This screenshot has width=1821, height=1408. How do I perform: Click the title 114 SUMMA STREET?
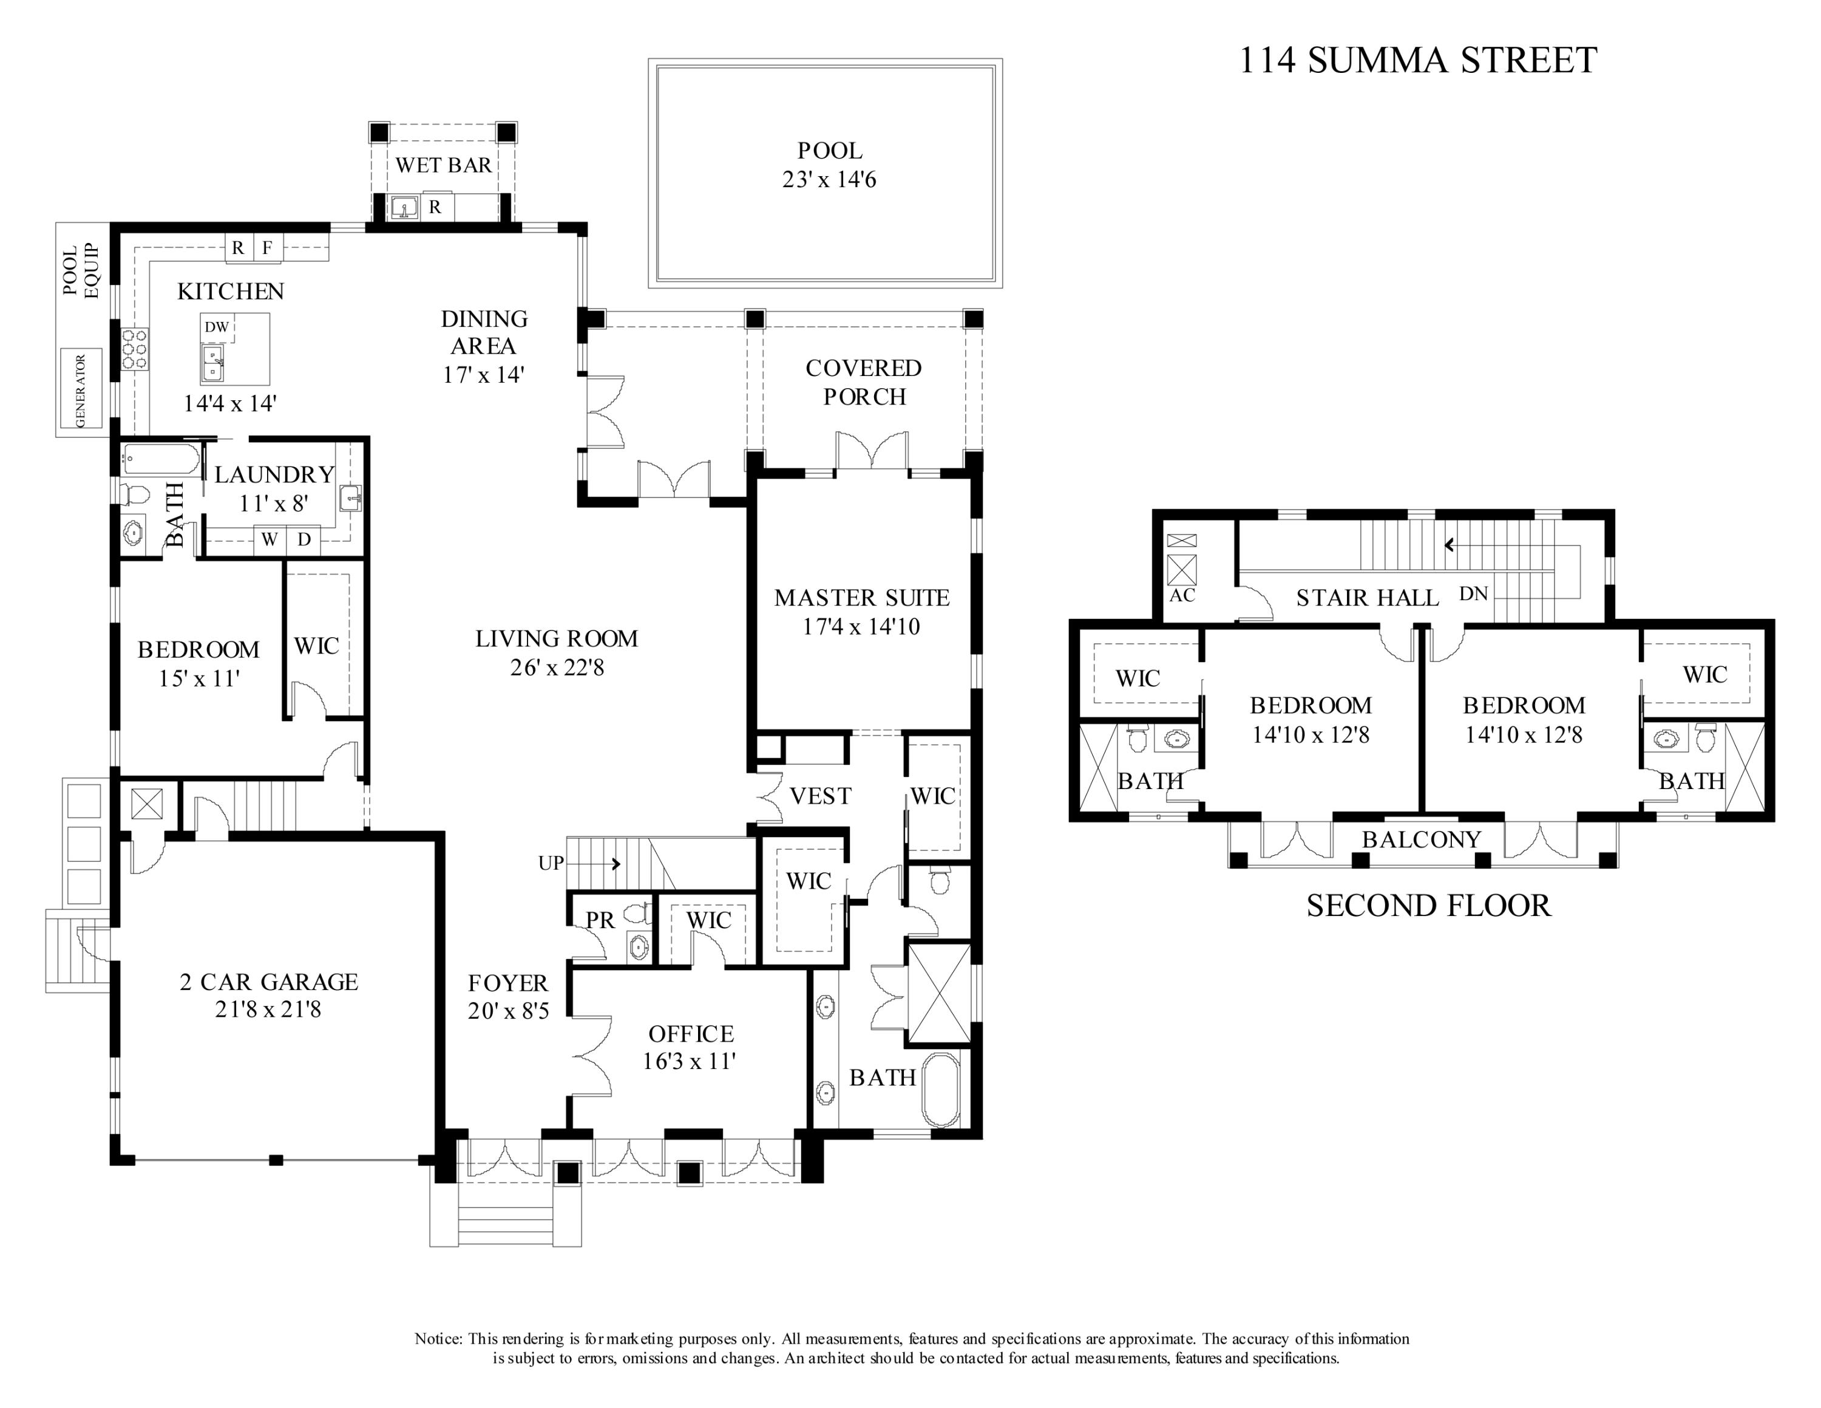point(1417,60)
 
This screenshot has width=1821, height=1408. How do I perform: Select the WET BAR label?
point(444,165)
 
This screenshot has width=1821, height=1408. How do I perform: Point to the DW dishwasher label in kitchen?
point(217,327)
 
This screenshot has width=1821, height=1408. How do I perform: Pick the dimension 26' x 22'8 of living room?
point(557,668)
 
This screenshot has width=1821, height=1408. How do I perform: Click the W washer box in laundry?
point(268,539)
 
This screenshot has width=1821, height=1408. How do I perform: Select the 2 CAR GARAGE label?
point(268,982)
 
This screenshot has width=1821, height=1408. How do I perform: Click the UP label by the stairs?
point(551,863)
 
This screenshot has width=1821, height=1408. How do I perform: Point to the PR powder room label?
point(600,920)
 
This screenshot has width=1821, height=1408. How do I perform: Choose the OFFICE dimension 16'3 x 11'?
point(690,1061)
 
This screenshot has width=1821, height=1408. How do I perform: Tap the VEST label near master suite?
point(821,796)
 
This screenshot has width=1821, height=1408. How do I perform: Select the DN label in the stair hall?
point(1473,594)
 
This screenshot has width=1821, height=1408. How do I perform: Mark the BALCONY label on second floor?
point(1422,839)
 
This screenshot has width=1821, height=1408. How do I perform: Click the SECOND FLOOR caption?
point(1428,906)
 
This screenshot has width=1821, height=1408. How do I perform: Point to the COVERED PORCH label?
point(864,382)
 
